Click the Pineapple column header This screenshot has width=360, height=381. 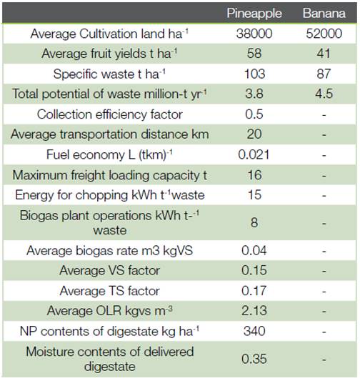pyautogui.click(x=254, y=14)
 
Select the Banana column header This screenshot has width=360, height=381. pyautogui.click(x=324, y=13)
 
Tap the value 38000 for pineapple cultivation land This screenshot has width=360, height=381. pyautogui.click(x=254, y=34)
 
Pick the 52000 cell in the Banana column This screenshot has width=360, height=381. pyautogui.click(x=324, y=34)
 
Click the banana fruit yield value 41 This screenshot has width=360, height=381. pyautogui.click(x=324, y=54)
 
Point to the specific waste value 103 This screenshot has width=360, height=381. pyautogui.click(x=254, y=74)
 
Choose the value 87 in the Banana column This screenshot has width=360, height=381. pyautogui.click(x=324, y=74)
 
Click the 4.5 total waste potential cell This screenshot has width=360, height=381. pyautogui.click(x=324, y=94)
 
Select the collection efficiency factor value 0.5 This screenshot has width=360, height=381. pyautogui.click(x=254, y=114)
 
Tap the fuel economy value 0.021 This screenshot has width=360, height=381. pyautogui.click(x=254, y=154)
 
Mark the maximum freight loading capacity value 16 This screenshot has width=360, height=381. pyautogui.click(x=254, y=175)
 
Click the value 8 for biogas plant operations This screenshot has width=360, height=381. pyautogui.click(x=254, y=222)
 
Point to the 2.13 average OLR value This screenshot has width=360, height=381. pyautogui.click(x=254, y=310)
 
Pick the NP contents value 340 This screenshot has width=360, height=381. pyautogui.click(x=254, y=331)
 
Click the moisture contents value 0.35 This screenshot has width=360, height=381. pyautogui.click(x=254, y=359)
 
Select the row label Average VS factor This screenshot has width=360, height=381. pyautogui.click(x=110, y=270)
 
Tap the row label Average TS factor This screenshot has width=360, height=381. pyautogui.click(x=110, y=291)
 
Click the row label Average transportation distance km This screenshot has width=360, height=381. pyautogui.click(x=110, y=134)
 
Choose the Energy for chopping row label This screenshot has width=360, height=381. pyautogui.click(x=110, y=195)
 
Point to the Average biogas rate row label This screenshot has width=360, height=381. pyautogui.click(x=110, y=250)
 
